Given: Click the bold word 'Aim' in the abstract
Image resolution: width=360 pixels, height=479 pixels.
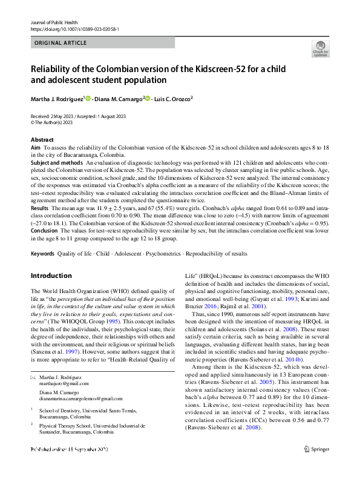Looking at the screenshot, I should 36,148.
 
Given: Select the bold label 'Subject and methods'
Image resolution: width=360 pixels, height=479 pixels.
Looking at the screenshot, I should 56,164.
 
